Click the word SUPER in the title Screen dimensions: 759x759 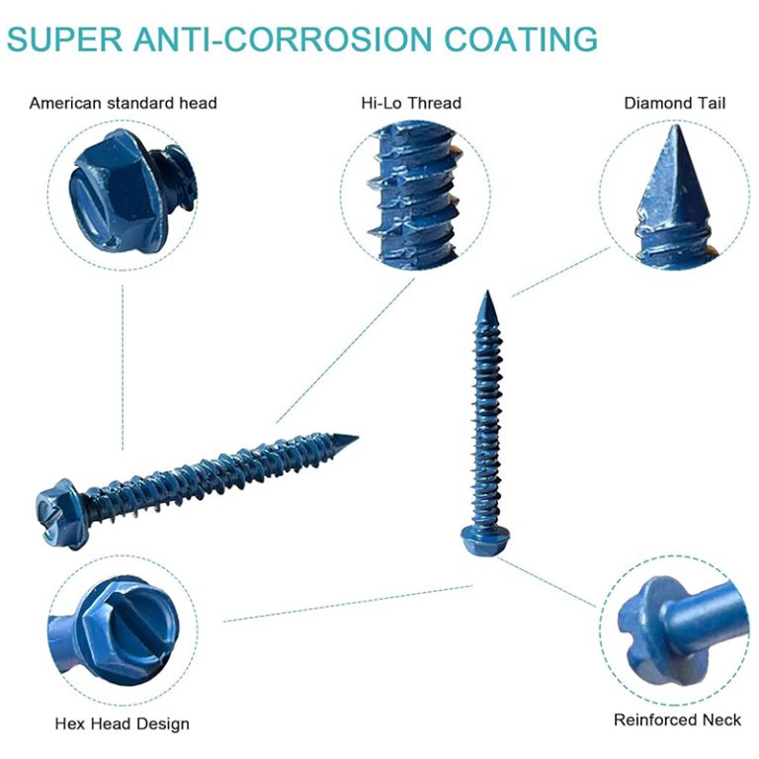pyautogui.click(x=64, y=39)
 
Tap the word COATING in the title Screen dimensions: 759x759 pyautogui.click(x=521, y=39)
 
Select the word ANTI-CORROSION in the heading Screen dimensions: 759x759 pyautogui.click(x=283, y=39)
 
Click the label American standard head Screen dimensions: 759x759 pyautogui.click(x=123, y=103)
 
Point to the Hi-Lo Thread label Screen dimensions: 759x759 pyautogui.click(x=411, y=103)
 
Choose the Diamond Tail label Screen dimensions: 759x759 pyautogui.click(x=674, y=103)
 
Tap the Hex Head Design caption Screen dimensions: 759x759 pyautogui.click(x=122, y=723)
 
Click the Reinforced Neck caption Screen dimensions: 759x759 pyautogui.click(x=677, y=719)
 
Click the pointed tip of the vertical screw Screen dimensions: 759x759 pyautogui.click(x=488, y=292)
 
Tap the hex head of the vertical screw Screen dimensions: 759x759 pyautogui.click(x=486, y=541)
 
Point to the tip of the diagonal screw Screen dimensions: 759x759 pyautogui.click(x=357, y=437)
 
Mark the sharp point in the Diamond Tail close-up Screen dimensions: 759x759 pyautogui.click(x=673, y=126)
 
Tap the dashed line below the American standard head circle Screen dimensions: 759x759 pyautogui.click(x=123, y=368)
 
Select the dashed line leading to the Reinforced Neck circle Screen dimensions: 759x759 pyautogui.click(x=547, y=582)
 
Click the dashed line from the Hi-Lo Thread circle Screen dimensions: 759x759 pyautogui.click(x=346, y=350)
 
